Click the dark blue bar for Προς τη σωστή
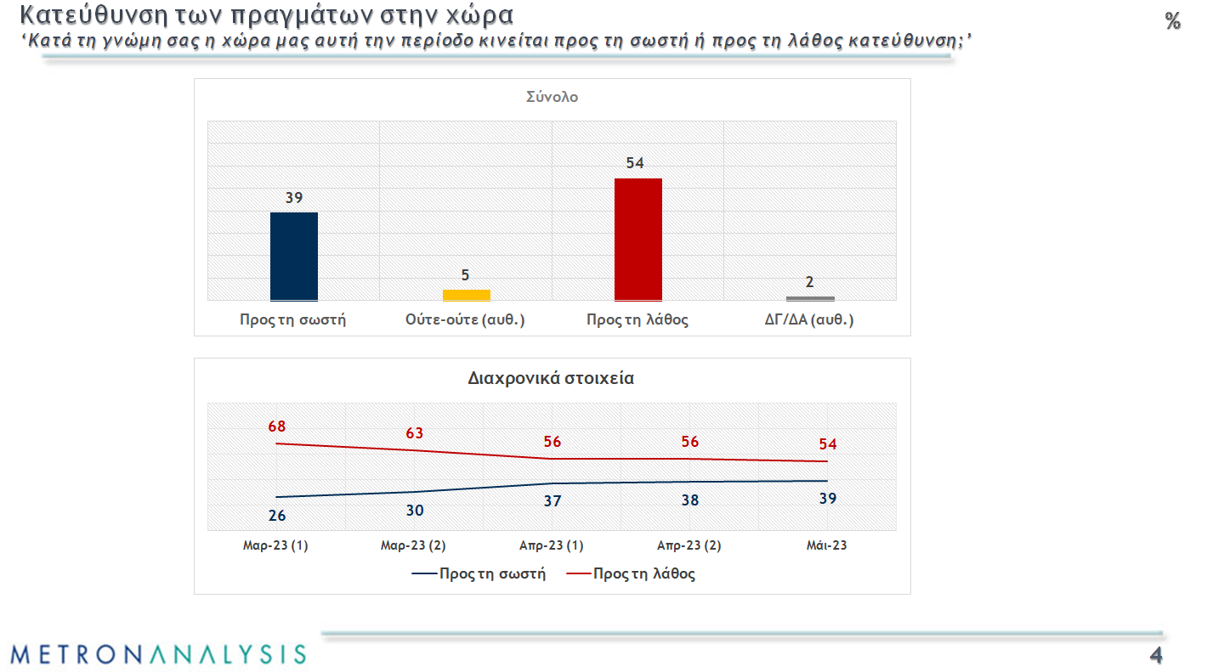(x=294, y=256)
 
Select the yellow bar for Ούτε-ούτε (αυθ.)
(x=467, y=295)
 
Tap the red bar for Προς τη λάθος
(x=637, y=239)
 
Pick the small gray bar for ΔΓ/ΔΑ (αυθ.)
(x=810, y=298)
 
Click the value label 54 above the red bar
(x=635, y=163)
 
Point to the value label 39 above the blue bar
(x=294, y=198)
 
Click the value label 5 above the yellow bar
(x=466, y=275)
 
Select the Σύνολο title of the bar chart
(x=552, y=97)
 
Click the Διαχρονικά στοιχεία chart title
(x=551, y=379)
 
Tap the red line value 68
(x=277, y=426)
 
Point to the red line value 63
(x=415, y=433)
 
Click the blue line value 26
(x=277, y=515)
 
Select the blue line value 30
(x=415, y=511)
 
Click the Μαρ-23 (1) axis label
(x=275, y=545)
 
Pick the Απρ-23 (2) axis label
(x=689, y=545)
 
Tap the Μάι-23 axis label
(x=826, y=545)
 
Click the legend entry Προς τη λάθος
(x=644, y=573)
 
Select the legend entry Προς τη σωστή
(x=492, y=573)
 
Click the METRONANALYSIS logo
(x=158, y=653)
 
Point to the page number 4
(x=1155, y=655)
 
